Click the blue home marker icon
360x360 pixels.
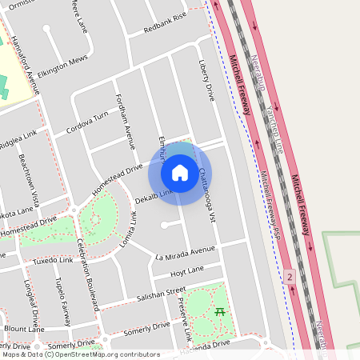180,172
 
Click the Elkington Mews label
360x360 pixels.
62,65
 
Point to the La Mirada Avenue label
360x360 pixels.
186,254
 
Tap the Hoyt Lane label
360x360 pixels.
187,270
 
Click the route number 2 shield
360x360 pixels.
289,275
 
